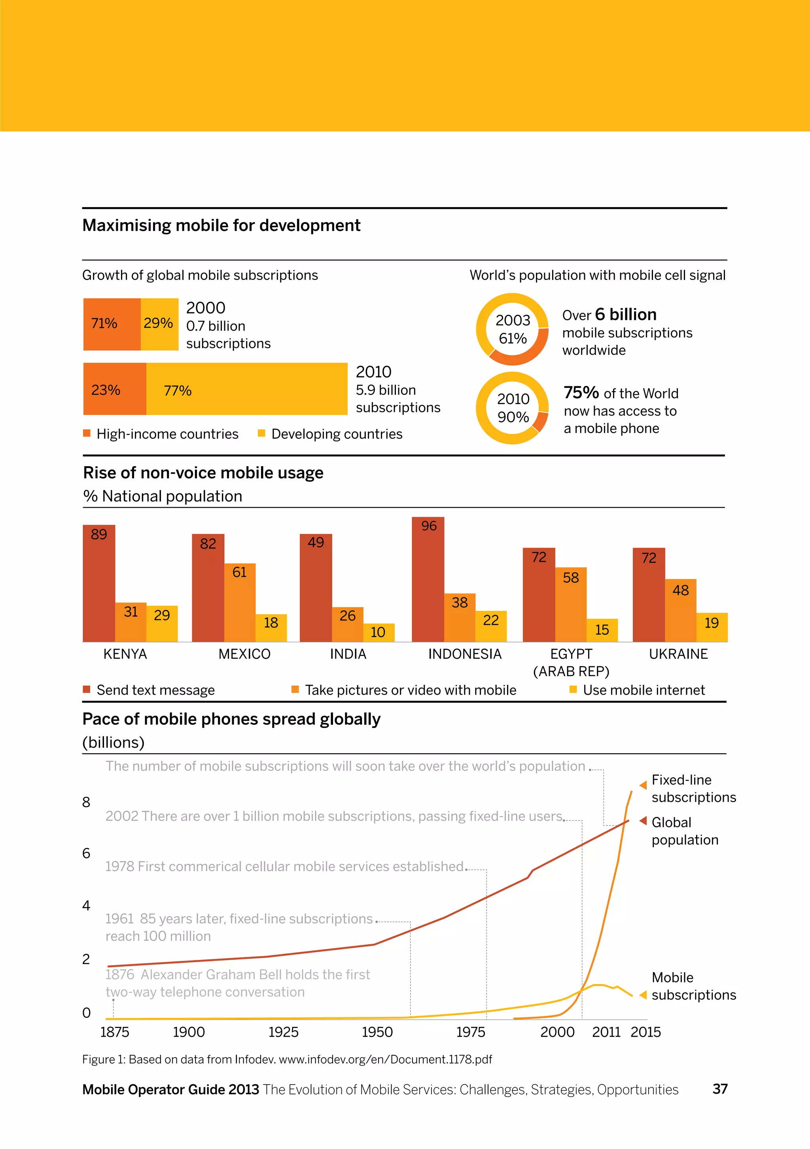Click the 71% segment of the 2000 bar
point(112,324)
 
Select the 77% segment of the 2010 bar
point(246,389)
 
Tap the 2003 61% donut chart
point(512,329)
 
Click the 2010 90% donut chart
point(512,408)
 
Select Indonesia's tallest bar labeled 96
point(428,579)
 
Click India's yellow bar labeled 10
point(379,633)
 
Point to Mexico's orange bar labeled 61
point(240,603)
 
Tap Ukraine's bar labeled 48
point(680,610)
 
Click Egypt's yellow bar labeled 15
point(602,630)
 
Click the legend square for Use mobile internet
point(573,690)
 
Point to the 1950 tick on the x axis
point(377,1032)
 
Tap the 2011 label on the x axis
point(606,1032)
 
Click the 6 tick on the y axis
point(86,853)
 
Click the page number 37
point(720,1089)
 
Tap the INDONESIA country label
point(465,654)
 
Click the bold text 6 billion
point(626,314)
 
